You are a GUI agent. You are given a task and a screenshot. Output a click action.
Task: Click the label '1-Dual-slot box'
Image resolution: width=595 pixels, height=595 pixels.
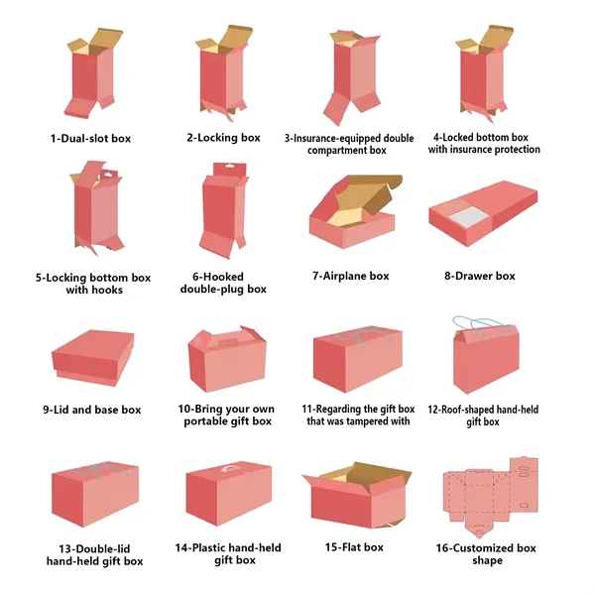[x=90, y=138]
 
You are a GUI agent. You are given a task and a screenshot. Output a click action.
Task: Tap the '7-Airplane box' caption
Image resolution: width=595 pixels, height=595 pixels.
[x=351, y=276]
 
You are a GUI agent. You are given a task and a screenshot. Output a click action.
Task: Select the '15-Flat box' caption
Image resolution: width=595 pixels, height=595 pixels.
[x=354, y=547]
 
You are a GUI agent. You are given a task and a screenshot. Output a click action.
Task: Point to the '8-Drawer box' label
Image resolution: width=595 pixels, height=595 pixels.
[x=480, y=276]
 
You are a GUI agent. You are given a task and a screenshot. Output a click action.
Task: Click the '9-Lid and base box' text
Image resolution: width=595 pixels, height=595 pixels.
[x=92, y=410]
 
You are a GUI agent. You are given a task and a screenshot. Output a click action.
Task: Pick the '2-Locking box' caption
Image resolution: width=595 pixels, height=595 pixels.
[x=223, y=138]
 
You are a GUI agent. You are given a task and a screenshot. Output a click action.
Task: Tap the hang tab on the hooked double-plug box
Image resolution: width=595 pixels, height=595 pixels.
[x=230, y=169]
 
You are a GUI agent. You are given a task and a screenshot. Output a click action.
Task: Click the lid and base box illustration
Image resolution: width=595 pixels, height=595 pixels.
[x=93, y=357]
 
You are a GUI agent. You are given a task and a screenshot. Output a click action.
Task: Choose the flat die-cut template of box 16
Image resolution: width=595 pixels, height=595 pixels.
[x=491, y=497]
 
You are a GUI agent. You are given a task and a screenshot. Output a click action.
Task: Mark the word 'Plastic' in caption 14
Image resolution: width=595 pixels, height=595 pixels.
[x=210, y=547]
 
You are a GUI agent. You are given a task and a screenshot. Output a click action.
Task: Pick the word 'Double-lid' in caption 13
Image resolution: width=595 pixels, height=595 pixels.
[x=100, y=548]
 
